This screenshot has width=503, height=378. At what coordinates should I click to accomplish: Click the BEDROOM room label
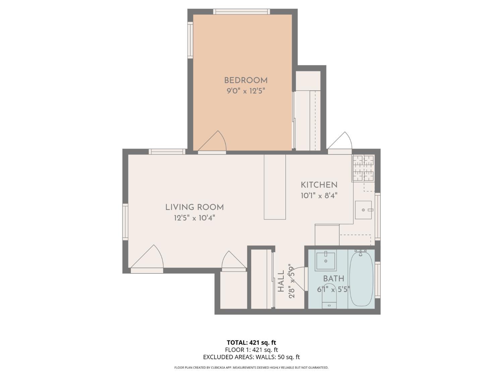point(246,80)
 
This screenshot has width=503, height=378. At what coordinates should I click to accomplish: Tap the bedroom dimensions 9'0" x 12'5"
point(246,91)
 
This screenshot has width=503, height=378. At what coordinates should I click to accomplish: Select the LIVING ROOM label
point(194,207)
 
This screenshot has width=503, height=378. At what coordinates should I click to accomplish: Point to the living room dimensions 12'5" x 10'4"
point(194,218)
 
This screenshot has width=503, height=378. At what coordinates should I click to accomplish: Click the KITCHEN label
point(319,185)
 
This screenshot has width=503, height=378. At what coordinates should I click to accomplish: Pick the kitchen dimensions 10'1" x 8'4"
point(319,195)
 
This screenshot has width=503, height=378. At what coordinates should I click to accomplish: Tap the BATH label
point(334,279)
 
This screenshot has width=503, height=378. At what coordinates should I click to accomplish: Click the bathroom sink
point(326,261)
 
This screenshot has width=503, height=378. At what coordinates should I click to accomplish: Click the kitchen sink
point(364,210)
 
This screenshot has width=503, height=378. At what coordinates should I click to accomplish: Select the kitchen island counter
point(275,187)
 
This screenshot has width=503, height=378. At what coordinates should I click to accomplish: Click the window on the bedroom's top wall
point(241,11)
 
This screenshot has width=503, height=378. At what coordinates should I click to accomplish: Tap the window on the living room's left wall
point(125,221)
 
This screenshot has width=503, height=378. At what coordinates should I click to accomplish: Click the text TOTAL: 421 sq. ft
point(251,343)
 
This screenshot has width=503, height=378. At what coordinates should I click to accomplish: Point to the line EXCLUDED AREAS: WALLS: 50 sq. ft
point(251,357)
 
